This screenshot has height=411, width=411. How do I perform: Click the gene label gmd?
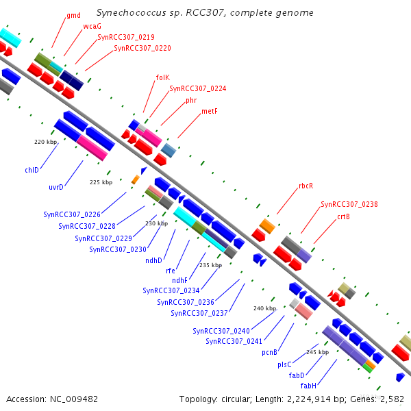coord(73,15)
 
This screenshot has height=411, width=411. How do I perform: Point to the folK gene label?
coord(162,77)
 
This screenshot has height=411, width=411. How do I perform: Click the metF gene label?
coord(210,111)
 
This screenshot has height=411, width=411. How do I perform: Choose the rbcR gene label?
coord(306,186)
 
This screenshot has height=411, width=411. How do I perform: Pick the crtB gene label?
coord(343,216)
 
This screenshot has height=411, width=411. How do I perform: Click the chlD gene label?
coord(32,169)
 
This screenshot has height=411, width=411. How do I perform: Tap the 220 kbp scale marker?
coord(44,142)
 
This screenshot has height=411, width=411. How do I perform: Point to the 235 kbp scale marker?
coord(210,265)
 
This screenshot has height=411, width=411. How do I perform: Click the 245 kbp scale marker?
coord(317,352)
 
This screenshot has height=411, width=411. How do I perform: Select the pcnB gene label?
coord(269,352)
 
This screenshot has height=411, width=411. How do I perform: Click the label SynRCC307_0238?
coord(349,204)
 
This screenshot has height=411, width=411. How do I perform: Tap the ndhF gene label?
coord(179,280)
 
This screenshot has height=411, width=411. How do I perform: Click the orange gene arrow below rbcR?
coord(267,225)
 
